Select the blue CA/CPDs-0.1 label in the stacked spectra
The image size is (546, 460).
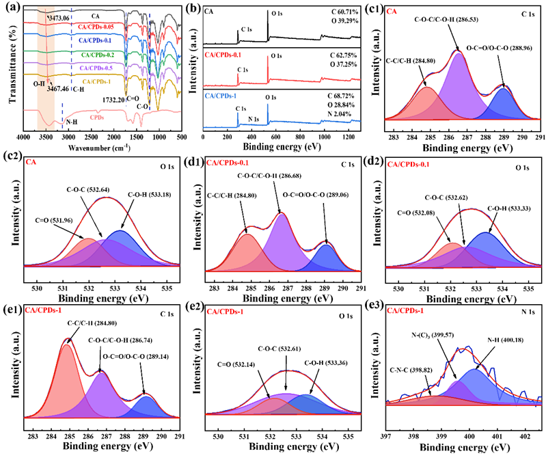click(x=94, y=40)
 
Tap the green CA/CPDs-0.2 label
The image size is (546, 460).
click(x=97, y=54)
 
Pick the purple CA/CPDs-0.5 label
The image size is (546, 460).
click(x=96, y=68)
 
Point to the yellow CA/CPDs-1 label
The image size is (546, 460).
click(x=96, y=82)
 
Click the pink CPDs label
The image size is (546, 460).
click(x=97, y=117)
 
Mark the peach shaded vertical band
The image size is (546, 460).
click(x=46, y=68)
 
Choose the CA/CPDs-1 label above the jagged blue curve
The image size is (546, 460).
click(x=405, y=311)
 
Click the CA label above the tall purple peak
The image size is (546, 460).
click(x=391, y=12)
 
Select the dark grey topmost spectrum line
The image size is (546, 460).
click(x=103, y=11)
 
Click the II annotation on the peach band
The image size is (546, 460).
click(x=40, y=81)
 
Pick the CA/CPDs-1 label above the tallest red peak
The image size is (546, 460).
click(x=43, y=310)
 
